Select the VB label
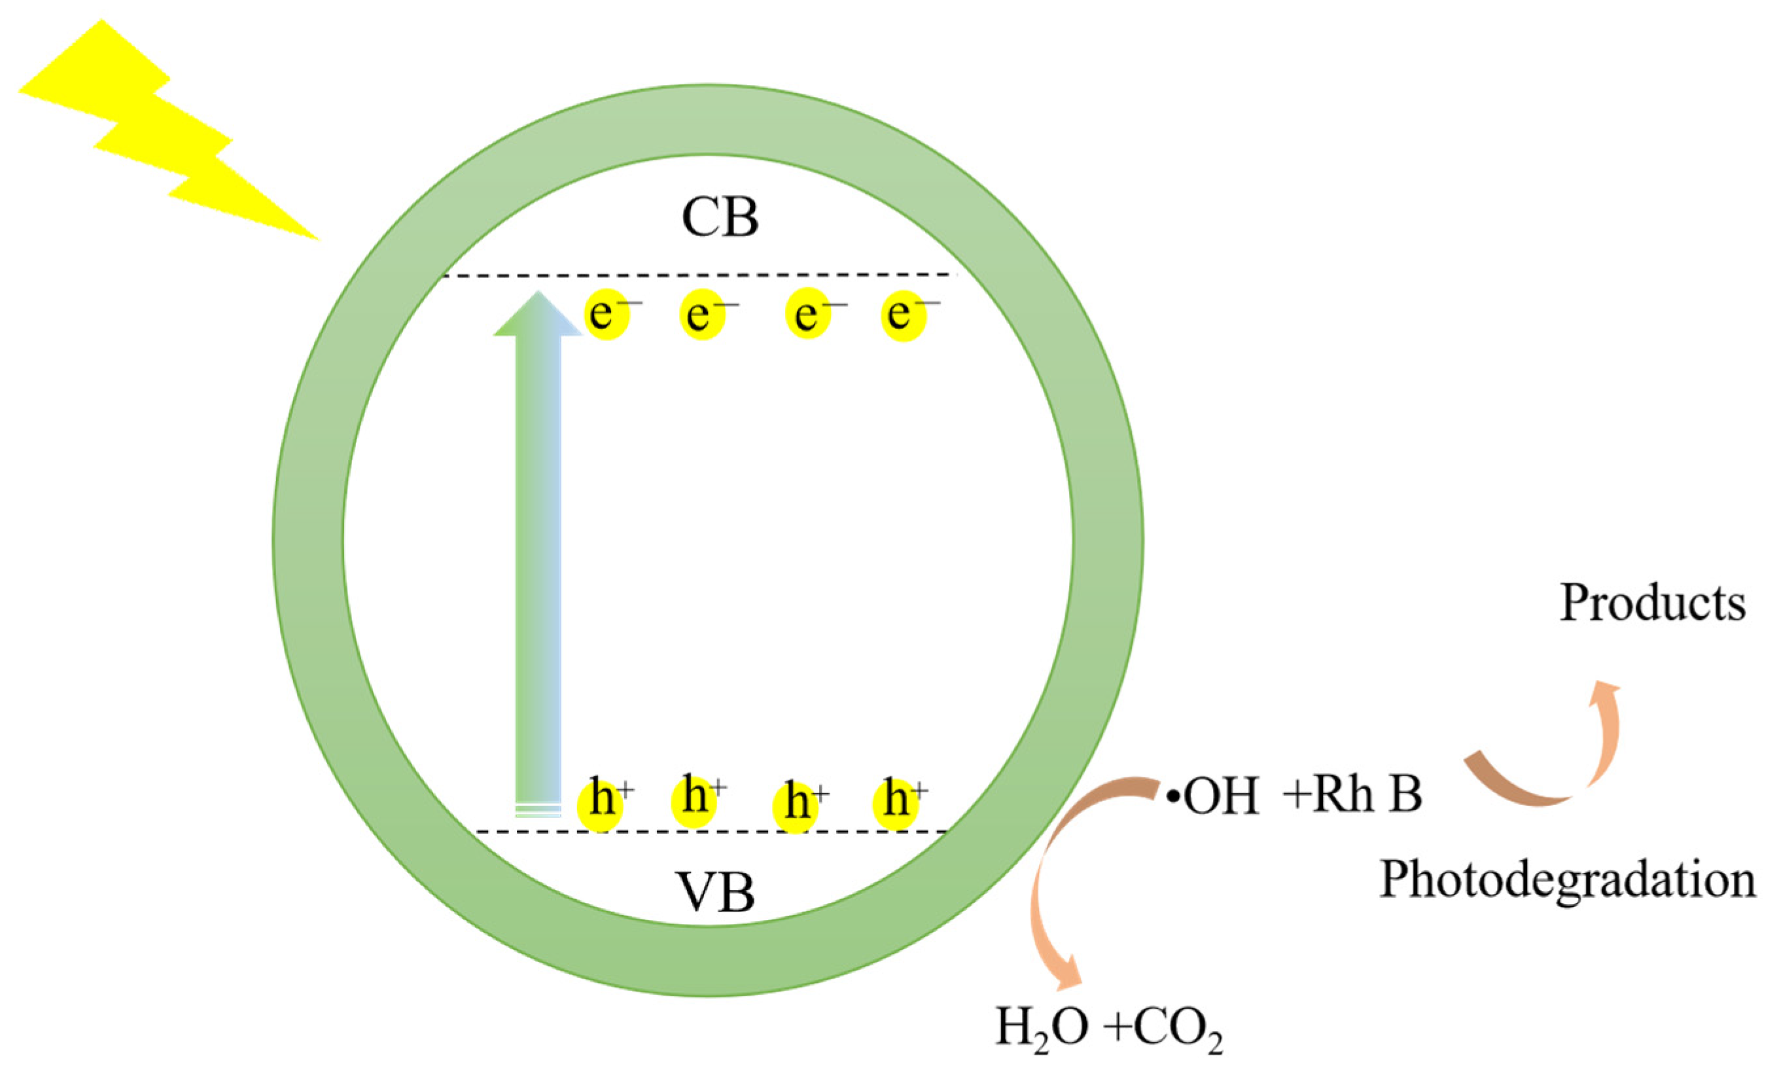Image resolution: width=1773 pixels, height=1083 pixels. click(716, 893)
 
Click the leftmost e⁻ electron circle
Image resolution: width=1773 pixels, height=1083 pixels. click(607, 315)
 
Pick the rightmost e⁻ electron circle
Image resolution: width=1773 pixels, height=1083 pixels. click(904, 315)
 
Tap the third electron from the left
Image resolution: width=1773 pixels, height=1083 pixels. click(808, 315)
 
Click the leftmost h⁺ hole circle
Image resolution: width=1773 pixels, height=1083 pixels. click(601, 806)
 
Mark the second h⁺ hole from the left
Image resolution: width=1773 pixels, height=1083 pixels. click(694, 801)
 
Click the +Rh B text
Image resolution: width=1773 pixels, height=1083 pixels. click(1353, 795)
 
